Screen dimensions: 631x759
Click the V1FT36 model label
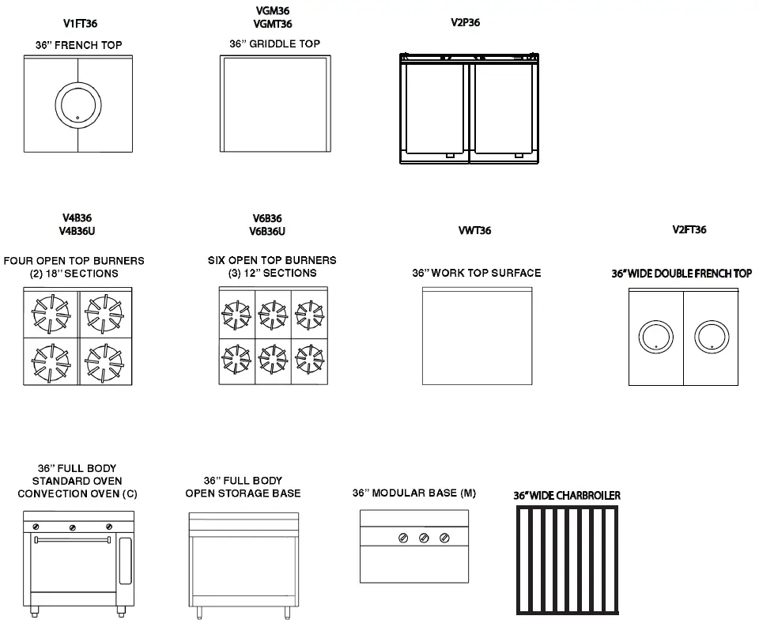coord(80,25)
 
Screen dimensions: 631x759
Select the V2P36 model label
coord(466,22)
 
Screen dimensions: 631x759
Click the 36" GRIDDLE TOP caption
coord(275,43)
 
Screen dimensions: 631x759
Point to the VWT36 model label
coord(474,231)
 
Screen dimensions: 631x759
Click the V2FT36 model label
coord(689,230)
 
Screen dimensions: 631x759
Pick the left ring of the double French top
coord(655,336)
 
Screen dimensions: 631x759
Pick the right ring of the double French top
coord(711,336)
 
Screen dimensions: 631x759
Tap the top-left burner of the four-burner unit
coord(51,311)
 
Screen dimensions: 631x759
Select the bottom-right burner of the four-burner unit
coord(105,361)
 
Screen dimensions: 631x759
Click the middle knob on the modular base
coord(424,538)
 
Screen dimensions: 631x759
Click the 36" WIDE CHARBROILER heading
coord(567,496)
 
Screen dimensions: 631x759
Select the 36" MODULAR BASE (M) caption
coord(414,493)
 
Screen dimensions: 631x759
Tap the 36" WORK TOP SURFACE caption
coord(477,273)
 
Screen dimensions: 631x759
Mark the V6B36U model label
coord(266,232)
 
